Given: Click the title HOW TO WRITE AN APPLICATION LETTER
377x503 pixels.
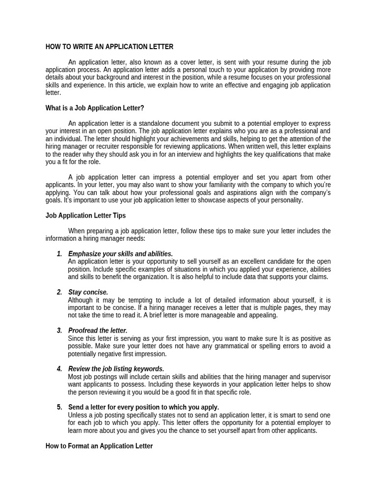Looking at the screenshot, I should (x=109, y=47).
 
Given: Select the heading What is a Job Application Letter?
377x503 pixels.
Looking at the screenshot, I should (x=95, y=108).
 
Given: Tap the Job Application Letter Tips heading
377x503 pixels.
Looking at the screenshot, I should (x=85, y=216).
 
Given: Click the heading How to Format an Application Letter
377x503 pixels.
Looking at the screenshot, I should (x=99, y=446).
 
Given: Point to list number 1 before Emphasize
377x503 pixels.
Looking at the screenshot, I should (x=59, y=254).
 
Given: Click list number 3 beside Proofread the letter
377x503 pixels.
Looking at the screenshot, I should (x=59, y=331).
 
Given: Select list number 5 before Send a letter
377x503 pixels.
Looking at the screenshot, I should (x=59, y=407).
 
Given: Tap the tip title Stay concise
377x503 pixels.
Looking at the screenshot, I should (x=88, y=292).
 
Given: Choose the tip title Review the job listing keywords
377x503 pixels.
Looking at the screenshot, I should (x=116, y=369).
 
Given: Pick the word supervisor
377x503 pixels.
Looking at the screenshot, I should (x=308, y=377).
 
